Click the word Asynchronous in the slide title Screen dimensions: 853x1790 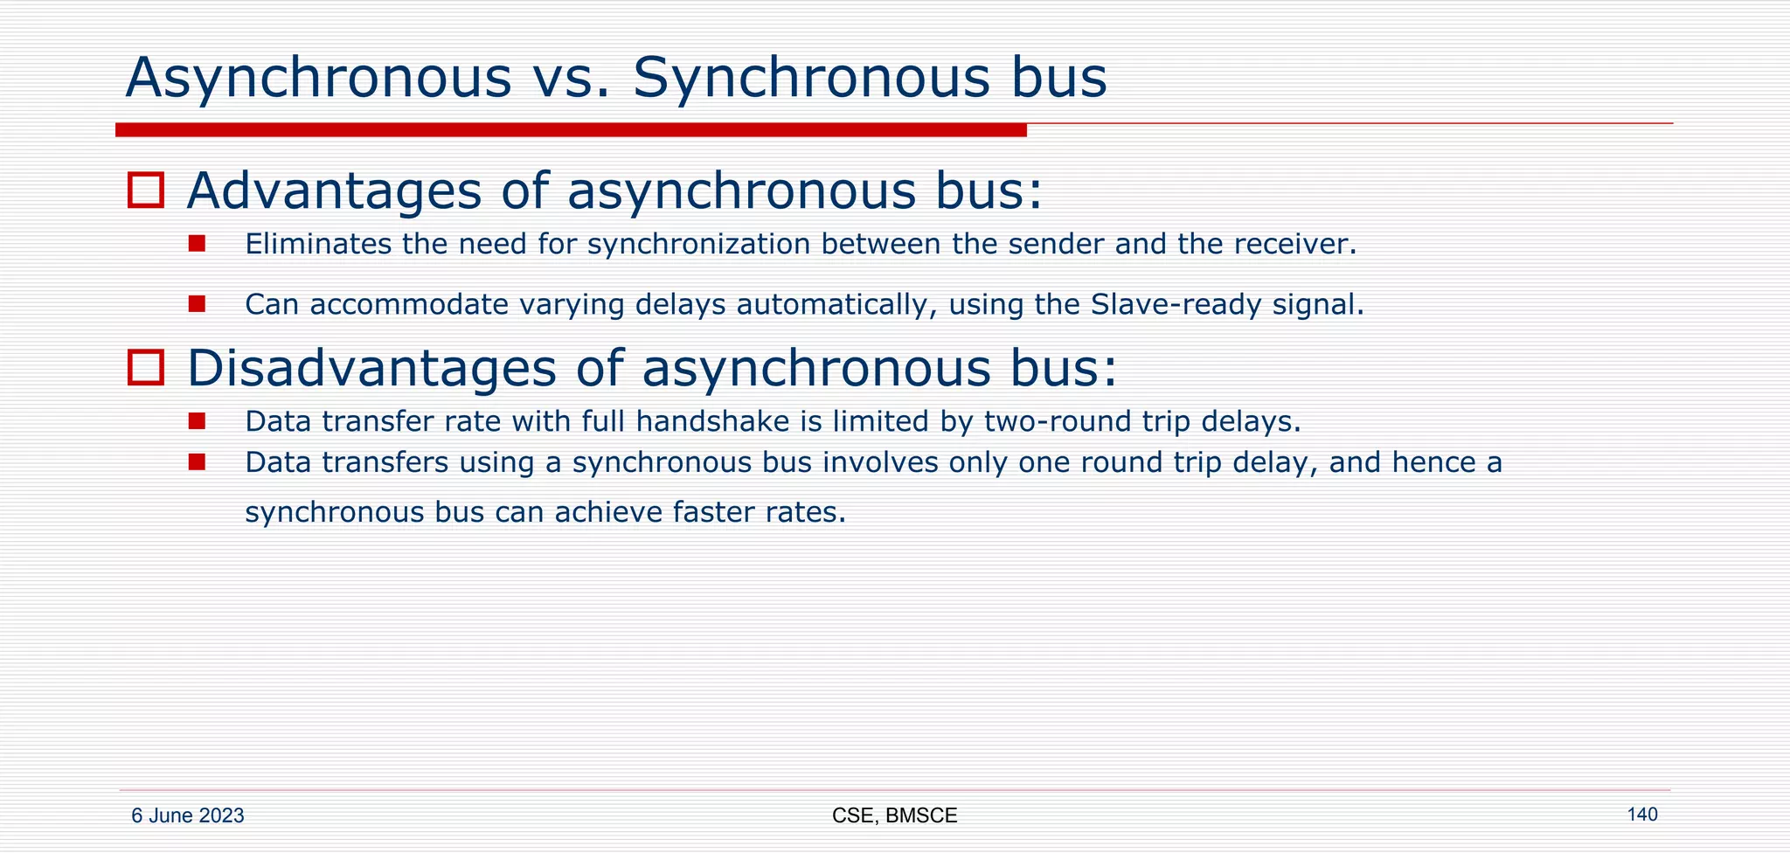(318, 79)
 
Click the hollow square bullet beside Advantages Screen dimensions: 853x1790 (146, 191)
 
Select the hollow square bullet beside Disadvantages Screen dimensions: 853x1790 (146, 367)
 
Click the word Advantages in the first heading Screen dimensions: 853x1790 (333, 191)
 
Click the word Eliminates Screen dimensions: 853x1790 (318, 244)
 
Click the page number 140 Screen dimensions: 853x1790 (1641, 815)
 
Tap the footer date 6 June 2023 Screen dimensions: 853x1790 (187, 816)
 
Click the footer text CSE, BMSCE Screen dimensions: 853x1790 (894, 816)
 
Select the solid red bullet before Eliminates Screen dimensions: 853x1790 (197, 244)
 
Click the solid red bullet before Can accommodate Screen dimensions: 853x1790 (197, 304)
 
